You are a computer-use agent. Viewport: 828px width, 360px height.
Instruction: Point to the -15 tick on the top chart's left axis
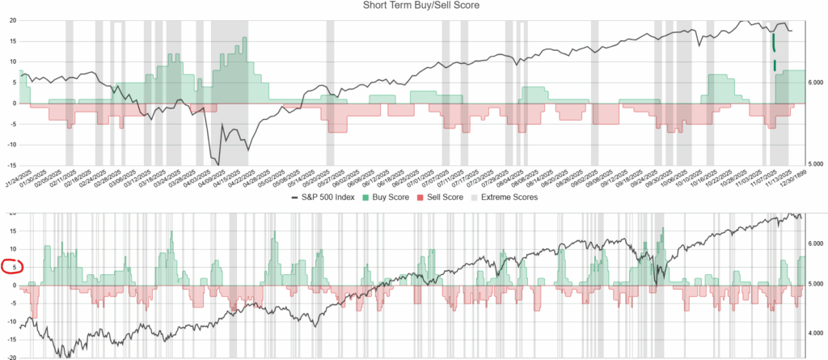click(9, 165)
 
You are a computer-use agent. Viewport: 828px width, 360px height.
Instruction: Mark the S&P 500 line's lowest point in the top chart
click(218, 164)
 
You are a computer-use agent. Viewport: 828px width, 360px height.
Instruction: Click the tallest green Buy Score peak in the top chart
click(244, 39)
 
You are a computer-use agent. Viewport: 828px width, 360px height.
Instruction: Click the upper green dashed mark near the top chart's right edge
click(774, 42)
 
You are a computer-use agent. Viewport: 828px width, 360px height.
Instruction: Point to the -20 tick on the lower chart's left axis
click(10, 357)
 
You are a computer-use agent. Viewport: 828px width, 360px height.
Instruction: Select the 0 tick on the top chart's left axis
click(12, 104)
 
